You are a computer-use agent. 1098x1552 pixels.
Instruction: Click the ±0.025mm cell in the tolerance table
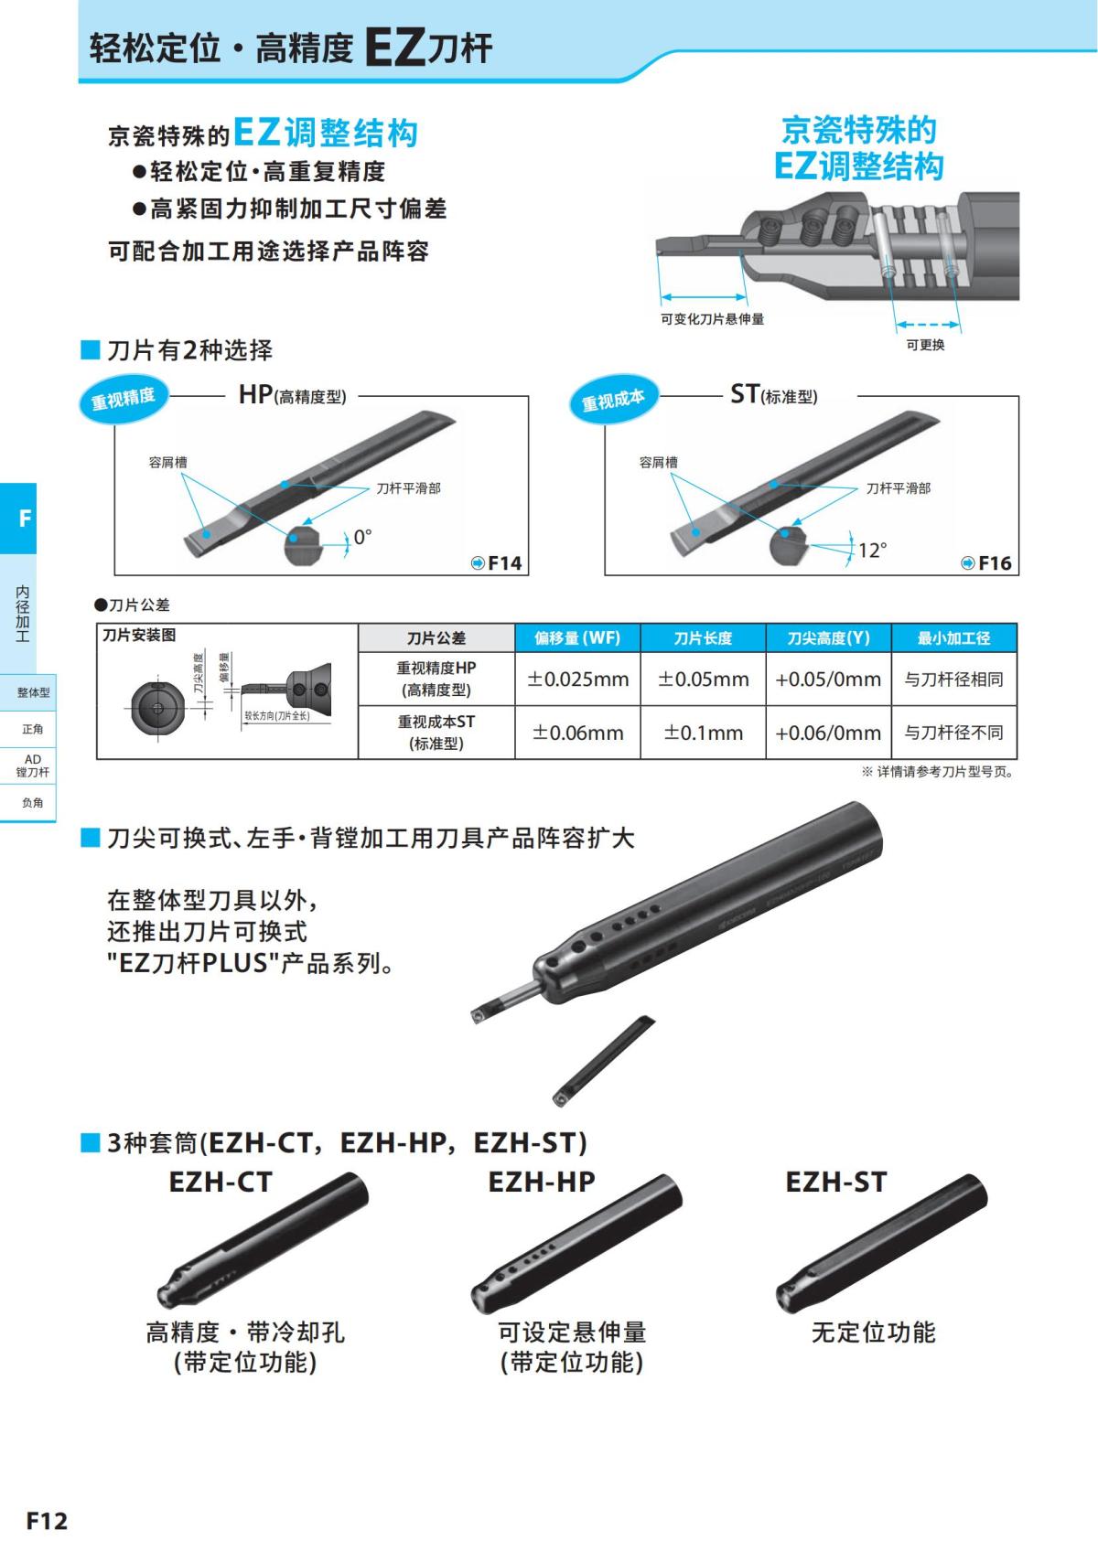coord(578,680)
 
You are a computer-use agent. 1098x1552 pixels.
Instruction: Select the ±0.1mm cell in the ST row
coord(704,733)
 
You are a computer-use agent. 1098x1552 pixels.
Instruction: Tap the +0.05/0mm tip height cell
coord(828,680)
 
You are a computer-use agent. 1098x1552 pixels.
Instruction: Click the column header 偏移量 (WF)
coord(577,637)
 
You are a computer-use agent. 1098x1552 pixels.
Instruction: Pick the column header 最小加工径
coord(953,637)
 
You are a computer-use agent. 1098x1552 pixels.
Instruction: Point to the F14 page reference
coord(497,563)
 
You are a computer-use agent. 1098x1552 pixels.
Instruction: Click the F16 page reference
coord(987,563)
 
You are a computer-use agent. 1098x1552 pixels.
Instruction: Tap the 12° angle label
coord(872,551)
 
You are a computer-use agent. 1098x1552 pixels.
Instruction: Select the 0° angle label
coord(363,538)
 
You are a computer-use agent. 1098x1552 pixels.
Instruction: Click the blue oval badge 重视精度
coord(124,398)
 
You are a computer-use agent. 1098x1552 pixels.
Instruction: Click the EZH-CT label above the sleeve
coord(221,1183)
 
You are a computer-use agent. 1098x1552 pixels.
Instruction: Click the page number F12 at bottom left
coord(47,1521)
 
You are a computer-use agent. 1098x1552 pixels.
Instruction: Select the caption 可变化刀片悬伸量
coord(712,319)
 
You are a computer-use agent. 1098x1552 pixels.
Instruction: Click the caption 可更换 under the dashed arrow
coord(925,345)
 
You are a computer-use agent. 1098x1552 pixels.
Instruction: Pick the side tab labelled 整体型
coord(33,693)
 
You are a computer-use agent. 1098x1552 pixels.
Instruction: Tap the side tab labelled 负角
coord(33,803)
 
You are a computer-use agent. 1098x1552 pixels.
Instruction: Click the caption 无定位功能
coord(873,1333)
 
